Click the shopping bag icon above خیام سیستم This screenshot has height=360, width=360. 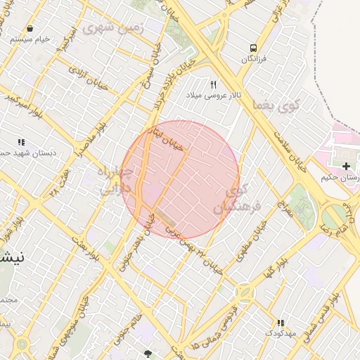click(30, 28)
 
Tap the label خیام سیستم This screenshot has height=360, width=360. click(30, 39)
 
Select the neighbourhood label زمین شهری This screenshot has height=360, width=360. click(112, 28)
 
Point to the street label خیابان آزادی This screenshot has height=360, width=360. click(87, 72)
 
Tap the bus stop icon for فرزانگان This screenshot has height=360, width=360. click(253, 48)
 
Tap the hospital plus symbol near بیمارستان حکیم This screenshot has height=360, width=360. click(346, 166)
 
